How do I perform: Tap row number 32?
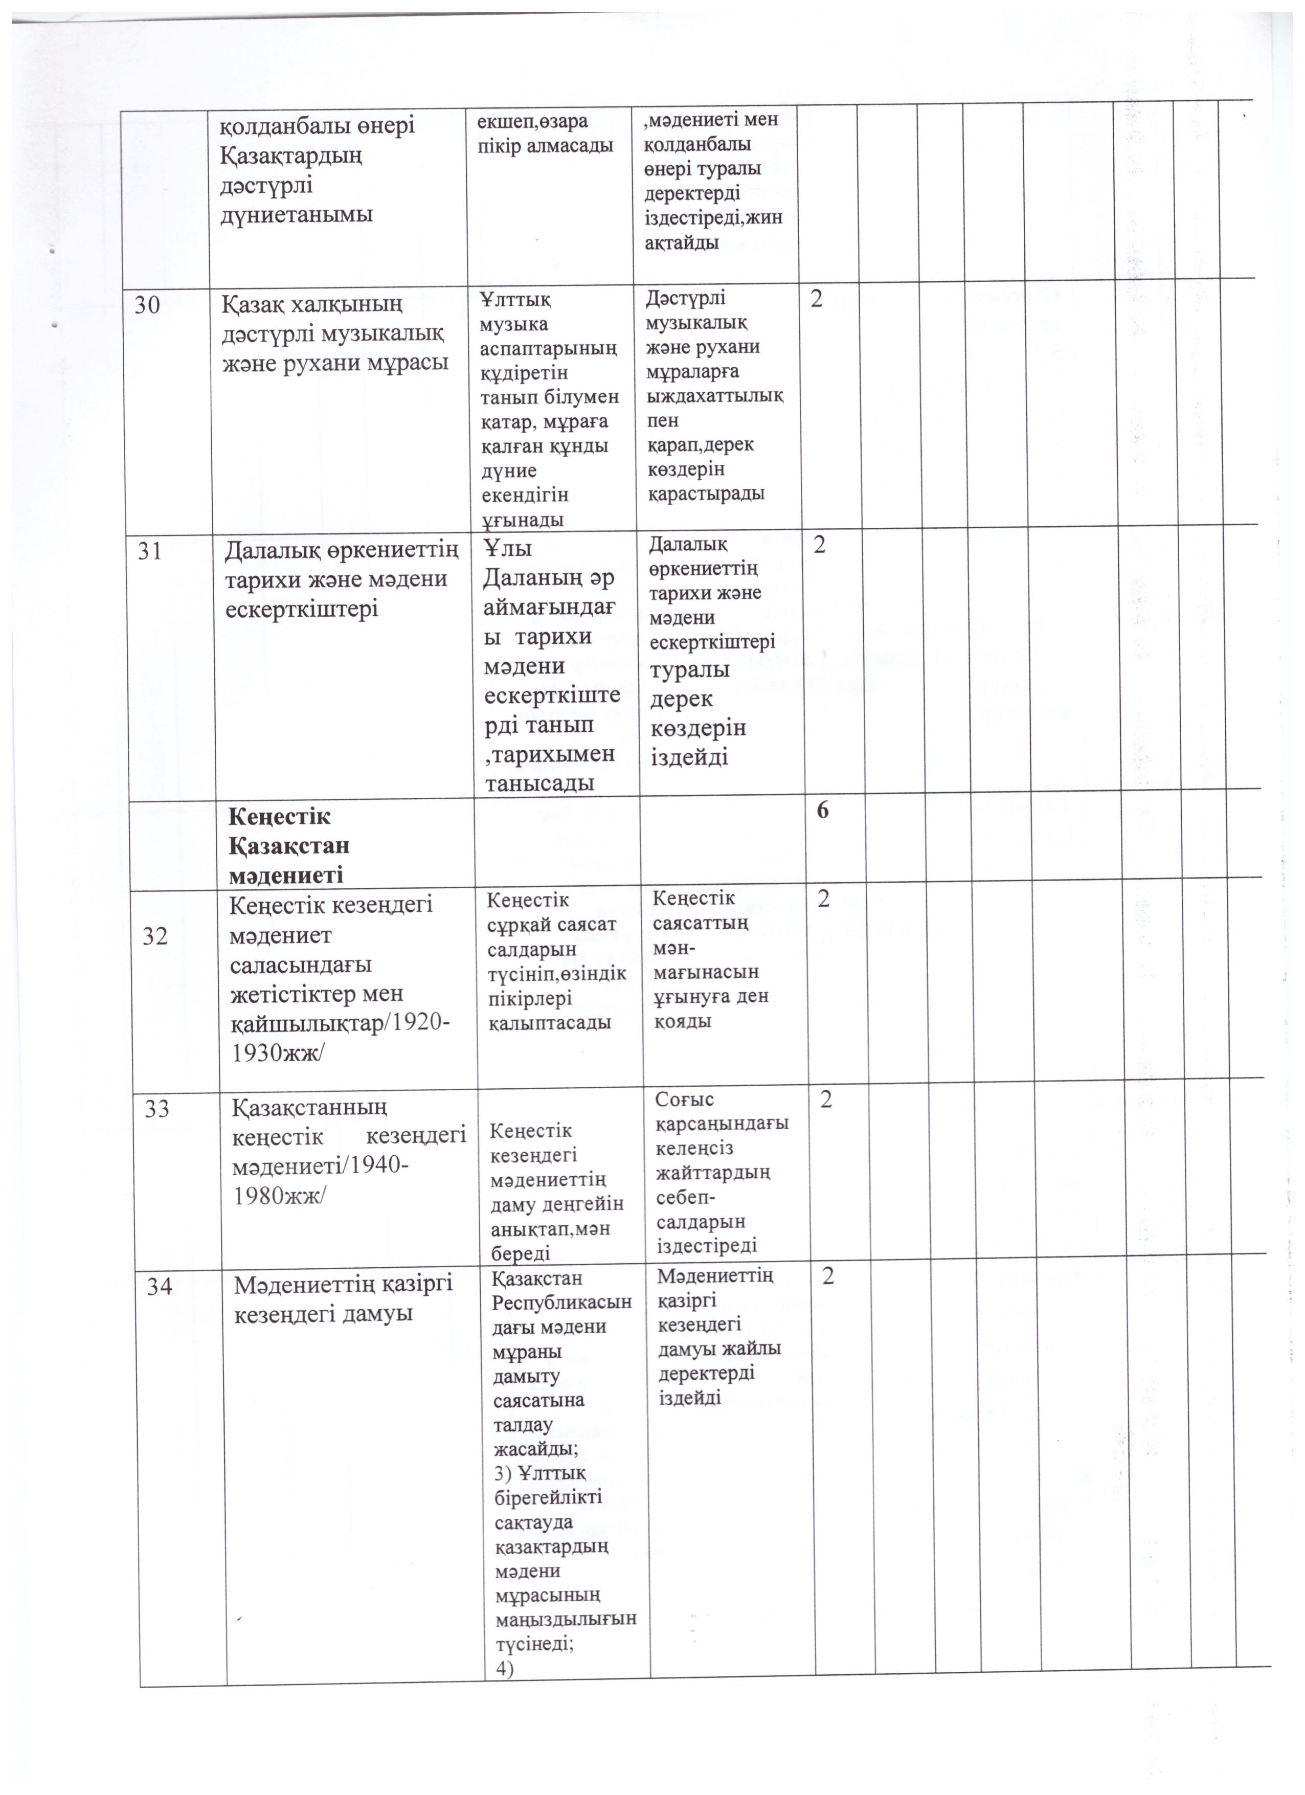coord(155,937)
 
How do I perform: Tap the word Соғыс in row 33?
coord(685,1100)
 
